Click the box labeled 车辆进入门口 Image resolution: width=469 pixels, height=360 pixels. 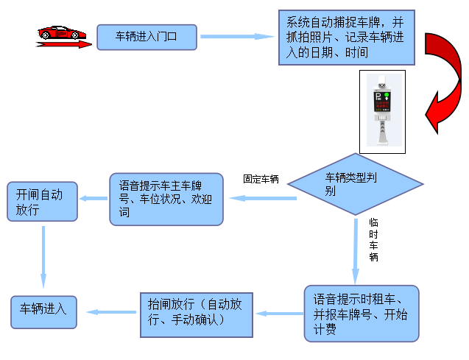[x=147, y=36]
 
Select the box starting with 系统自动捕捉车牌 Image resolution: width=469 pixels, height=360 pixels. [x=346, y=36]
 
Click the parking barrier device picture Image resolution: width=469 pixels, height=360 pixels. [x=381, y=111]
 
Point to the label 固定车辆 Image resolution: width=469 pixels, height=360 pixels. [x=261, y=179]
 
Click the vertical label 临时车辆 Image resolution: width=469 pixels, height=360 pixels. [x=373, y=239]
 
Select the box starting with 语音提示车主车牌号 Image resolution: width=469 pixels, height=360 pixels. [x=166, y=199]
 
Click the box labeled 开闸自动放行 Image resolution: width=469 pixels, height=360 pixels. [x=42, y=202]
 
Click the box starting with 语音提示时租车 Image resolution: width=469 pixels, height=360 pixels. [x=361, y=313]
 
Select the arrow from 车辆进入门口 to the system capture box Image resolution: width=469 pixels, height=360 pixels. [x=236, y=36]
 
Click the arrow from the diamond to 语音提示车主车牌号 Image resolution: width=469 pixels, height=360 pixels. [x=262, y=198]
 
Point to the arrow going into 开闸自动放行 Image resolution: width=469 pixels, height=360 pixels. [x=93, y=198]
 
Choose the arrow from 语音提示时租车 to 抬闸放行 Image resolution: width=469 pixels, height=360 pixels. [x=279, y=314]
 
